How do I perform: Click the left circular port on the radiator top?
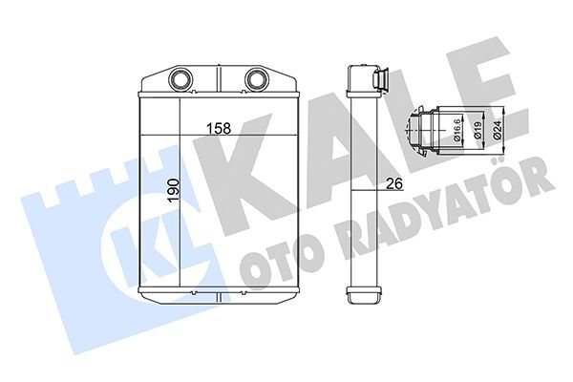(180, 77)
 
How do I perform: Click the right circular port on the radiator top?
(255, 77)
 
